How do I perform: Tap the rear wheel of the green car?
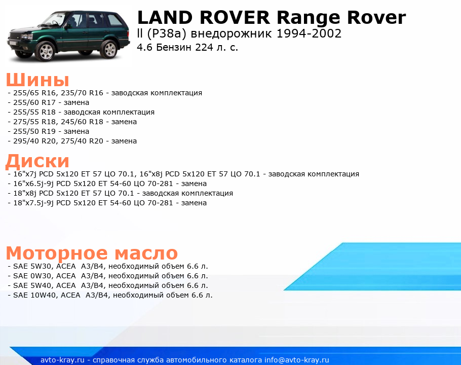pyautogui.click(x=109, y=49)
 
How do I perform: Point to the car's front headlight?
pyautogui.click(x=26, y=37)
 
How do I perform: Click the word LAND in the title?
pyautogui.click(x=165, y=17)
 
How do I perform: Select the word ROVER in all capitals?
pyautogui.click(x=235, y=17)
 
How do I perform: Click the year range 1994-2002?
pyautogui.click(x=309, y=33)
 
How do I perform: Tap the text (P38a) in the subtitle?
pyautogui.click(x=167, y=34)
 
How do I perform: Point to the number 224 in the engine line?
pyautogui.click(x=204, y=47)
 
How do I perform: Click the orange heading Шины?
pyautogui.click(x=37, y=80)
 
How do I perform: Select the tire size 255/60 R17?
pyautogui.click(x=34, y=102)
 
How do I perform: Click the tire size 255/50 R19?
pyautogui.click(x=34, y=131)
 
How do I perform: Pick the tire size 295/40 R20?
pyautogui.click(x=34, y=141)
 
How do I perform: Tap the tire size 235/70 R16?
pyautogui.click(x=82, y=93)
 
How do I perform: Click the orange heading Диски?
pyautogui.click(x=37, y=161)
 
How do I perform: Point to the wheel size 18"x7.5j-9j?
pyautogui.click(x=33, y=203)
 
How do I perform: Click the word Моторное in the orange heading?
pyautogui.click(x=57, y=252)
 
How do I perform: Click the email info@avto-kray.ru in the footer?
pyautogui.click(x=297, y=360)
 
